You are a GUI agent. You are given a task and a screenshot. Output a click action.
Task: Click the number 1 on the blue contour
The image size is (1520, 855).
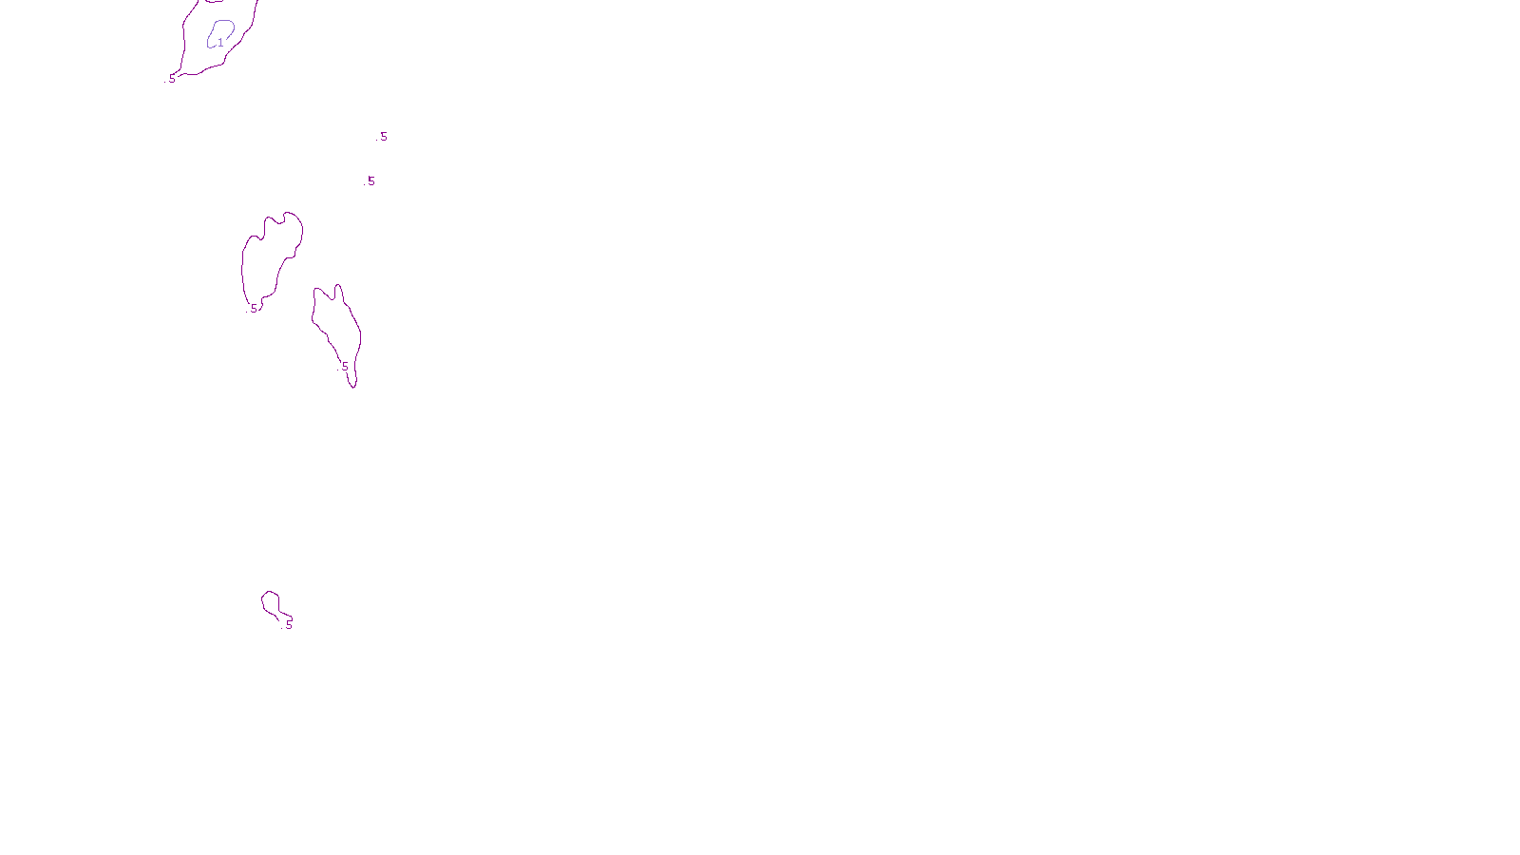[x=220, y=43]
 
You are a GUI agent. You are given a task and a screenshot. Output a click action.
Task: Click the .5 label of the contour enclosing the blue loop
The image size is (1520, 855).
[x=172, y=79]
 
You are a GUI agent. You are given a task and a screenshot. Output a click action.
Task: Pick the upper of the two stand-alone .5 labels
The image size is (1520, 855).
[x=383, y=137]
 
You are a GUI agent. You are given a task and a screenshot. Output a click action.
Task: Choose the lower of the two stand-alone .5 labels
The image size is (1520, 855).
[x=370, y=181]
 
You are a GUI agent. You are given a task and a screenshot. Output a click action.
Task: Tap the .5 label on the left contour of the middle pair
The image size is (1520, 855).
[x=254, y=309]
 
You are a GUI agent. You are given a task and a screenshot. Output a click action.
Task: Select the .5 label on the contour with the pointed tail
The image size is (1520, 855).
[x=344, y=366]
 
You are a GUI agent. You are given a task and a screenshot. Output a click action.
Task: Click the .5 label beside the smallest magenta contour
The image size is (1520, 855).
[x=289, y=624]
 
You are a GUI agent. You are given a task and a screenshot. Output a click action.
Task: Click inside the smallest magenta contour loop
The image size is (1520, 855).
[x=271, y=602]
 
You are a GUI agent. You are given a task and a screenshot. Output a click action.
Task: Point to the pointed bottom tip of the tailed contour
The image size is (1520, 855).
[x=354, y=387]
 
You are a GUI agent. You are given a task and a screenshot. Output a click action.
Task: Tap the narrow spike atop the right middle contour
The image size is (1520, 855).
[x=337, y=287]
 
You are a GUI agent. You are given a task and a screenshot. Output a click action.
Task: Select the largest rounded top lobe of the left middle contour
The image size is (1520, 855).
[x=291, y=222]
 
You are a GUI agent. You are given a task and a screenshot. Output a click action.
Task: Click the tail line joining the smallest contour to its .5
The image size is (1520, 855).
[x=284, y=615]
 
